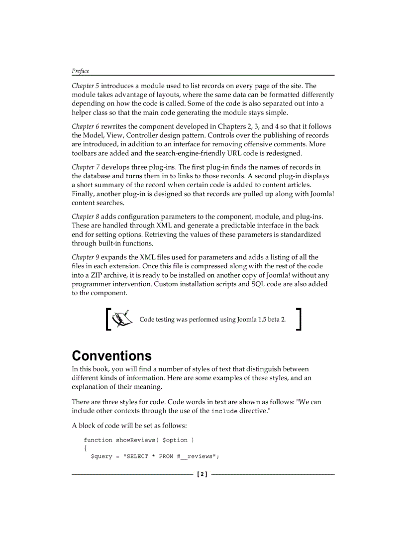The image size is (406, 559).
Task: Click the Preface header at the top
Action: pyautogui.click(x=80, y=71)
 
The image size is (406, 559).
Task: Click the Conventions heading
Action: pyautogui.click(x=111, y=356)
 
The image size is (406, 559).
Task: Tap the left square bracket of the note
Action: pyautogui.click(x=107, y=319)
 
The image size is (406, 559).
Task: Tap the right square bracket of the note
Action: pyautogui.click(x=299, y=319)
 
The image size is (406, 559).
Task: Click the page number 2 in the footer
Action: pyautogui.click(x=202, y=474)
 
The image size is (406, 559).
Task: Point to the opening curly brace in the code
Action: pyautogui.click(x=86, y=448)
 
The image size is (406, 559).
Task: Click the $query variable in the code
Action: pyautogui.click(x=101, y=456)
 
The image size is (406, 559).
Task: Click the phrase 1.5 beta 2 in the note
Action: pyautogui.click(x=272, y=319)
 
